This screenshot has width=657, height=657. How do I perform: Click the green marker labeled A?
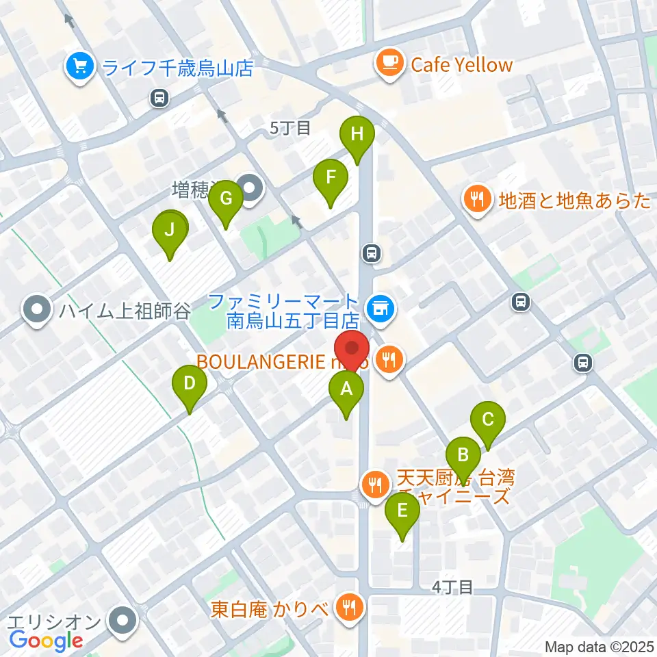[x=346, y=390]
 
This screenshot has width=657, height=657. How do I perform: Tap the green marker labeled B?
[x=463, y=454]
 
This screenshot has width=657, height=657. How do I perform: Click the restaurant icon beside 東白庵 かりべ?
[x=350, y=606]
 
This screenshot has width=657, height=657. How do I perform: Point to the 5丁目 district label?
[x=290, y=127]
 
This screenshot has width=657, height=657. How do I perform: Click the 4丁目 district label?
[x=452, y=587]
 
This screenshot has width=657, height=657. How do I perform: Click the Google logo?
[x=47, y=641]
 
